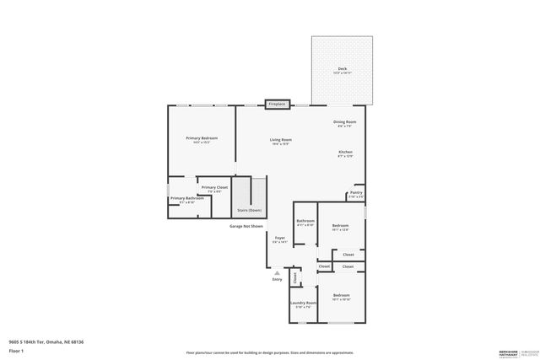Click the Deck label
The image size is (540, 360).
(342, 69)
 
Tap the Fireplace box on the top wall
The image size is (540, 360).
(278, 105)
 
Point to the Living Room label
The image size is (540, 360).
(280, 140)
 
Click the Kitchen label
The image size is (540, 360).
(345, 152)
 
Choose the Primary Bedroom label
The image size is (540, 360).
(202, 138)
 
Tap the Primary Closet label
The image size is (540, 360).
(214, 187)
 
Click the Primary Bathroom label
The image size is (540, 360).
(186, 198)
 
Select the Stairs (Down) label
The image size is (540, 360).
(249, 209)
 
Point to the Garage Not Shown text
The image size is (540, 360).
(246, 226)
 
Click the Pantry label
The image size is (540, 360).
(356, 192)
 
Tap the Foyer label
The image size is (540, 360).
(279, 238)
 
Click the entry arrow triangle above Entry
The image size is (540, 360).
(277, 271)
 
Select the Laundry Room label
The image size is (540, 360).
(303, 303)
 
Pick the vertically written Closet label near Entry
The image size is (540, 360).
(294, 277)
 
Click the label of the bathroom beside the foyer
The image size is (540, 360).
(305, 222)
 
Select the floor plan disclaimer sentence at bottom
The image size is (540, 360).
(269, 352)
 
